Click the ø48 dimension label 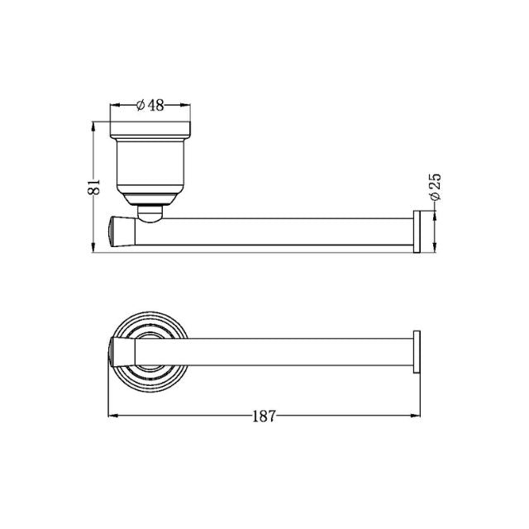click(150, 105)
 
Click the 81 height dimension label click(94, 187)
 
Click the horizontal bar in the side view click(273, 231)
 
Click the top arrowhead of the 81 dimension click(94, 126)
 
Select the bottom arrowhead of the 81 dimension click(94, 249)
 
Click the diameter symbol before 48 click(140, 105)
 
